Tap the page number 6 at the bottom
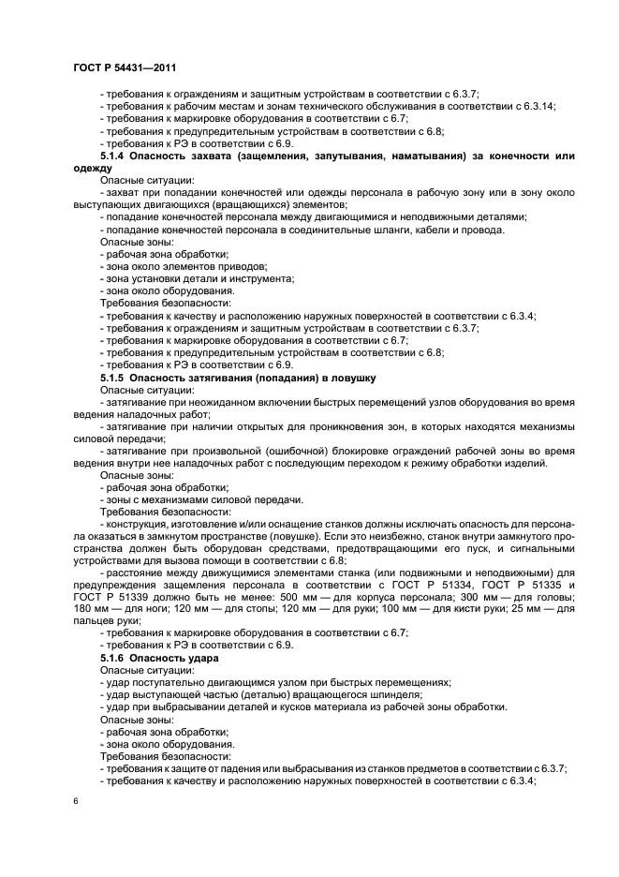[x=76, y=801]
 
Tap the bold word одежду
[x=92, y=168]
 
